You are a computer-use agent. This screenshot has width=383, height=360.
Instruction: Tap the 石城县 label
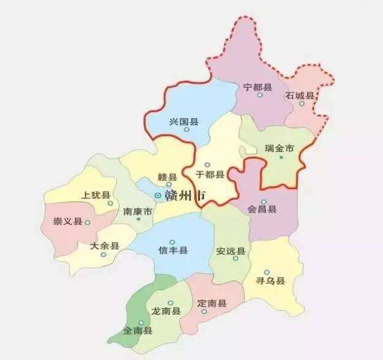coord(300,96)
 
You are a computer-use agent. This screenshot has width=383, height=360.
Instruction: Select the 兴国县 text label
coord(184,122)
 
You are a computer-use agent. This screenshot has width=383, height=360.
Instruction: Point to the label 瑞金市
coord(279,148)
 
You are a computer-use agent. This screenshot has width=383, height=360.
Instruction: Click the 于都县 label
coord(210,174)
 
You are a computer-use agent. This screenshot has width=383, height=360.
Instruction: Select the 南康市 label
coord(137,212)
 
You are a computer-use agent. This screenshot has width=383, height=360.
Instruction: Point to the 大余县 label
coord(104,246)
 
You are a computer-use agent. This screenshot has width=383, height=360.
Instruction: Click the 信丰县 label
coord(173,251)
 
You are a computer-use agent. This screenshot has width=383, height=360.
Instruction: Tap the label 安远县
coord(231,251)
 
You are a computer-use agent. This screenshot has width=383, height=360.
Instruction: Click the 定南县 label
coord(212,303)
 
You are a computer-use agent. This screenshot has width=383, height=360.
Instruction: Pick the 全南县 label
coord(138,331)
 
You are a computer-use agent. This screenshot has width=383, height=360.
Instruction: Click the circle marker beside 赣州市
coord(158,196)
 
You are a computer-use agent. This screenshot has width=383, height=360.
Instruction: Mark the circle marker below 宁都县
coord(260,95)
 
